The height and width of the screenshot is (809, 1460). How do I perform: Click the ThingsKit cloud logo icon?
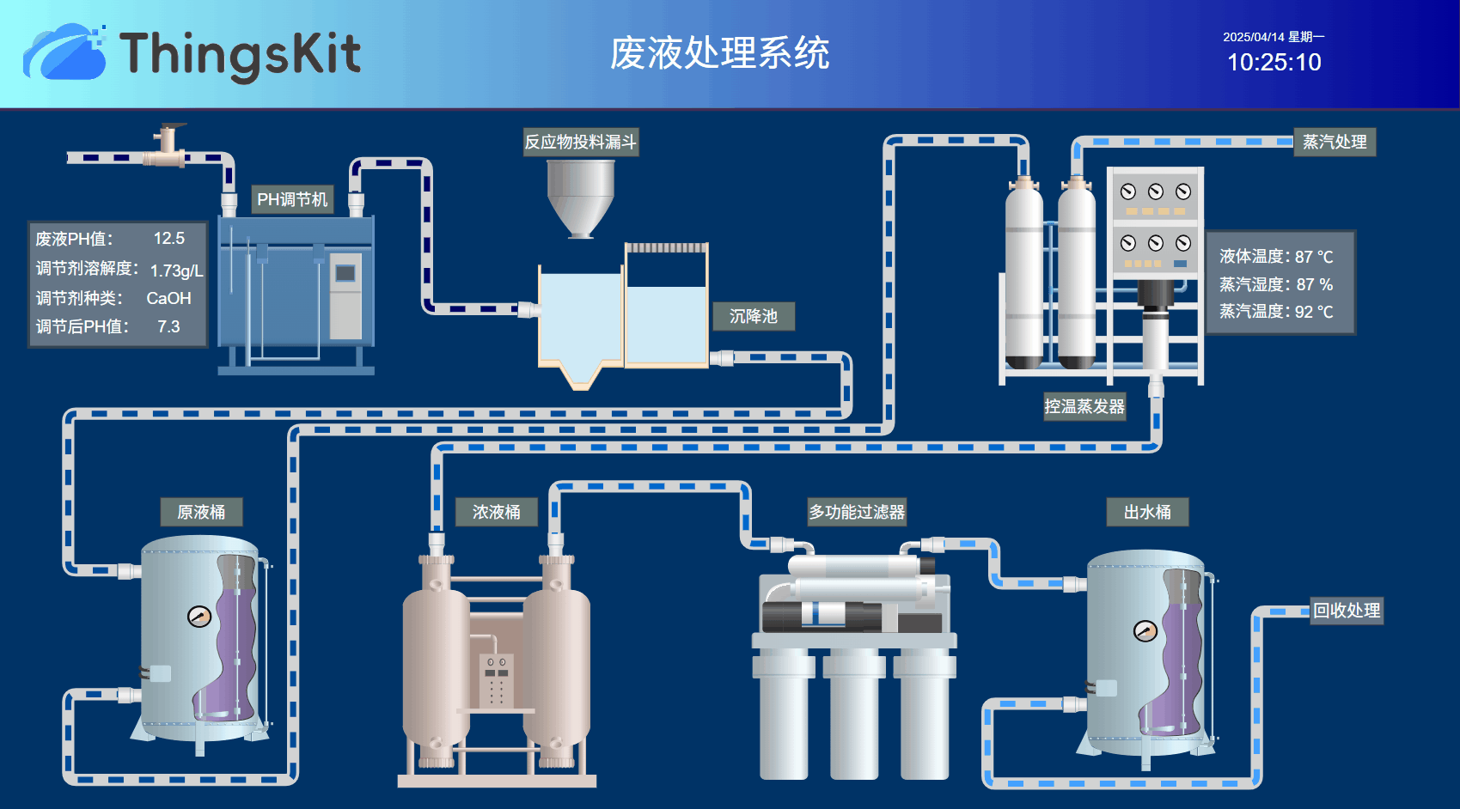(64, 53)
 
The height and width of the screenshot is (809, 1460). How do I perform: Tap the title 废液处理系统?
(719, 53)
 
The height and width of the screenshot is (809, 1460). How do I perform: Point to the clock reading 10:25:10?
(1274, 63)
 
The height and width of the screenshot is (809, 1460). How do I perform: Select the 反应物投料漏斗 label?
(581, 142)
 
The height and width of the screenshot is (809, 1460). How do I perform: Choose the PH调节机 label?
(292, 199)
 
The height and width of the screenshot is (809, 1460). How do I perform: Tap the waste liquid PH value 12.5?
(169, 239)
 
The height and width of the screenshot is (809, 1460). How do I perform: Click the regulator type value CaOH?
(168, 298)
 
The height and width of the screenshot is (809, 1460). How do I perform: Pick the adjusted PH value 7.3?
(168, 327)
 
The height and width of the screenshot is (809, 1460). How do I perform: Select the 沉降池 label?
(753, 316)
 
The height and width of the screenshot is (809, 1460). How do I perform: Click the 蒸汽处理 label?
(1334, 142)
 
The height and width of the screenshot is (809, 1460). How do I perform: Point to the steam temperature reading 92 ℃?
(1314, 312)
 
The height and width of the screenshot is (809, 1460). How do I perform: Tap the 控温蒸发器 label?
(1084, 406)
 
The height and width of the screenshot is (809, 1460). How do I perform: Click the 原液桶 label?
(201, 512)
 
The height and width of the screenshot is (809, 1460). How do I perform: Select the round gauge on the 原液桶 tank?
(199, 616)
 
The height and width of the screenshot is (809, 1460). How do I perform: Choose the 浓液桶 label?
(496, 512)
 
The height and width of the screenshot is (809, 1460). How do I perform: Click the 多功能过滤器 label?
(856, 512)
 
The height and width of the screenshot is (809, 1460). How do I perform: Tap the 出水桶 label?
(1147, 512)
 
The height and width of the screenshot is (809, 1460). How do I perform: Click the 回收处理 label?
(1347, 611)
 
